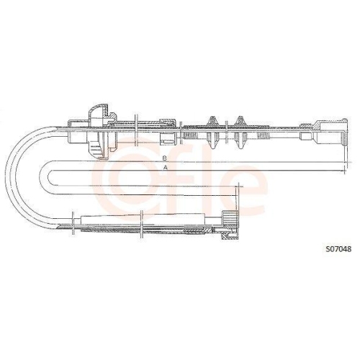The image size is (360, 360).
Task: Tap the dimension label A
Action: (166, 167)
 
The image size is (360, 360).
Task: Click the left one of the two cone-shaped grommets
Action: (214, 129)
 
